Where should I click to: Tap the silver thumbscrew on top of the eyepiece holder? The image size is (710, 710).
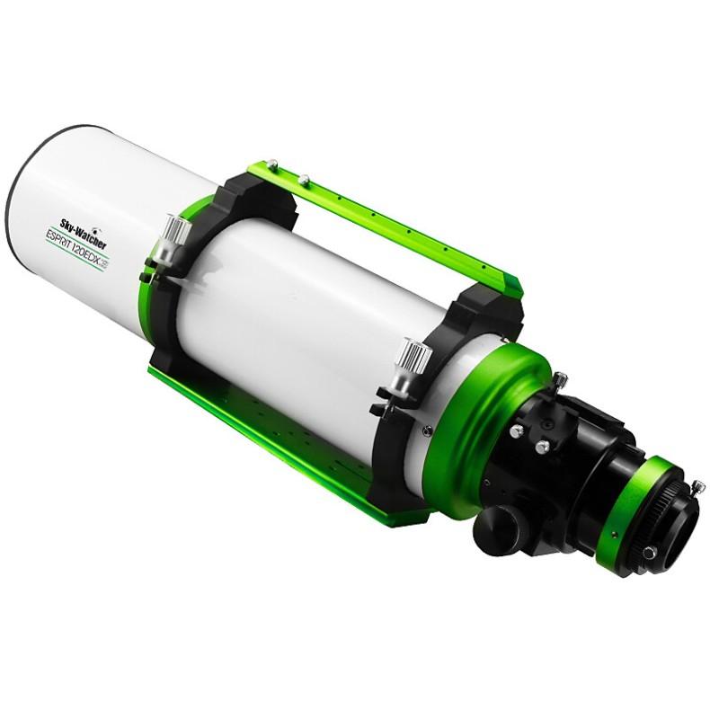(x=697, y=487)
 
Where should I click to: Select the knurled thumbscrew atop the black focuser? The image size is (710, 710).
(x=559, y=380)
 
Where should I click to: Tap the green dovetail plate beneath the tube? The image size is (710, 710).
(x=270, y=431)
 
